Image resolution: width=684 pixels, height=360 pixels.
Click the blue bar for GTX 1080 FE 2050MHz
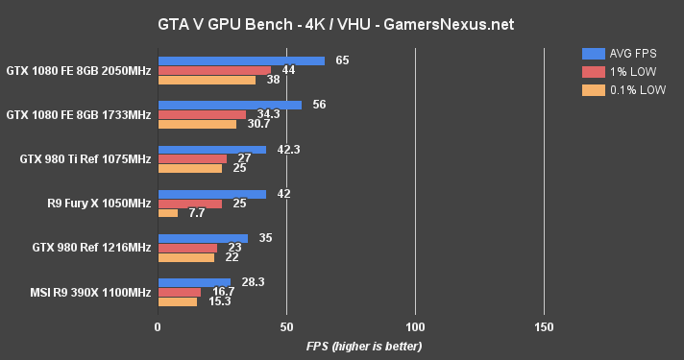241,60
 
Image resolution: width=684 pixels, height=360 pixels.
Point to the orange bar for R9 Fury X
167,213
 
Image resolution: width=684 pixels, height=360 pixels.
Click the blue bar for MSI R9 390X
194,282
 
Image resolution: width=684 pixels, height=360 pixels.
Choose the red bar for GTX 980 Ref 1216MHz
187,248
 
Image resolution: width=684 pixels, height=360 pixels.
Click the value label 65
342,60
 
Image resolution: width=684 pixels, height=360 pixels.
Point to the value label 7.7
196,213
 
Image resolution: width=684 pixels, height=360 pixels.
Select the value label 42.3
288,149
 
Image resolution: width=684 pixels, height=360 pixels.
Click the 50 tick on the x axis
286,326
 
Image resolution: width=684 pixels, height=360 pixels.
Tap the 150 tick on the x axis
544,326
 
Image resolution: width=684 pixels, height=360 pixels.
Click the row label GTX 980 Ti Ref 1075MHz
85,159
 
